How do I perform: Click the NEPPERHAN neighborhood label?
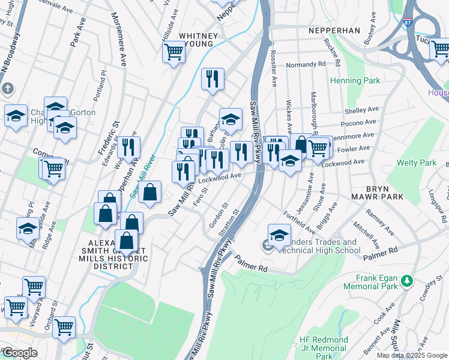334,30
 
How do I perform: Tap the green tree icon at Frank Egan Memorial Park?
406,280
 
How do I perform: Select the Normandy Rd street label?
305,63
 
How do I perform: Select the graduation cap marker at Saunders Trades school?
279,235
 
